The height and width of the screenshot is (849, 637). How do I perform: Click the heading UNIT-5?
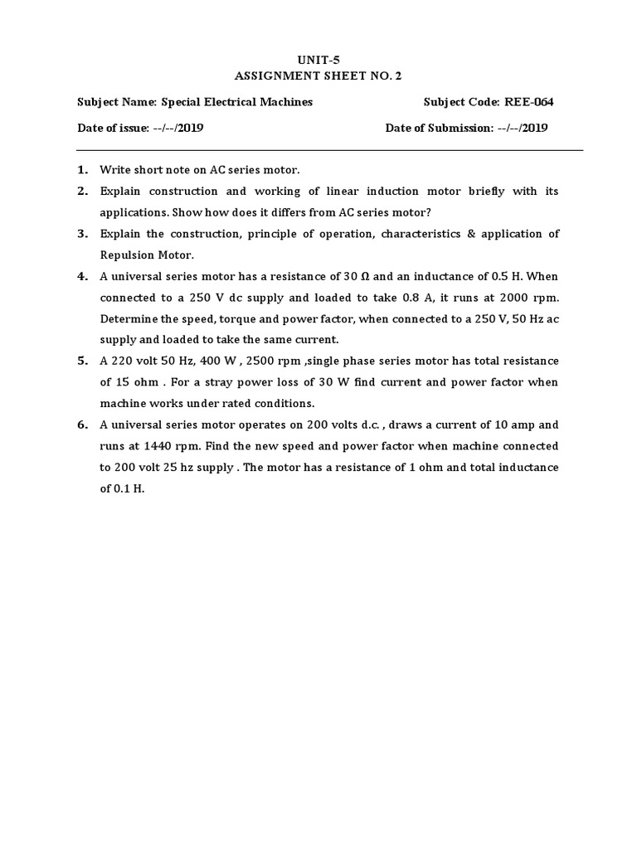[x=318, y=59]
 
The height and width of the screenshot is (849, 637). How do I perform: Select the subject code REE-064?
[x=527, y=102]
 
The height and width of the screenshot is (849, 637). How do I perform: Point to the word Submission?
[x=460, y=128]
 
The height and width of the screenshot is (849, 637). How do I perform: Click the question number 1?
[x=82, y=170]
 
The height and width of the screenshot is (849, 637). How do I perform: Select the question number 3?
[x=82, y=234]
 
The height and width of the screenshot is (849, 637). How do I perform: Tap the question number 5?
[x=82, y=361]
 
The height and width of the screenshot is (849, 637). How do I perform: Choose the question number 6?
[x=82, y=424]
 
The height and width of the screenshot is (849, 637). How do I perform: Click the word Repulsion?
[x=126, y=255]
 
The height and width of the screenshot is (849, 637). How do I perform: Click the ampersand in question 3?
[x=471, y=234]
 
